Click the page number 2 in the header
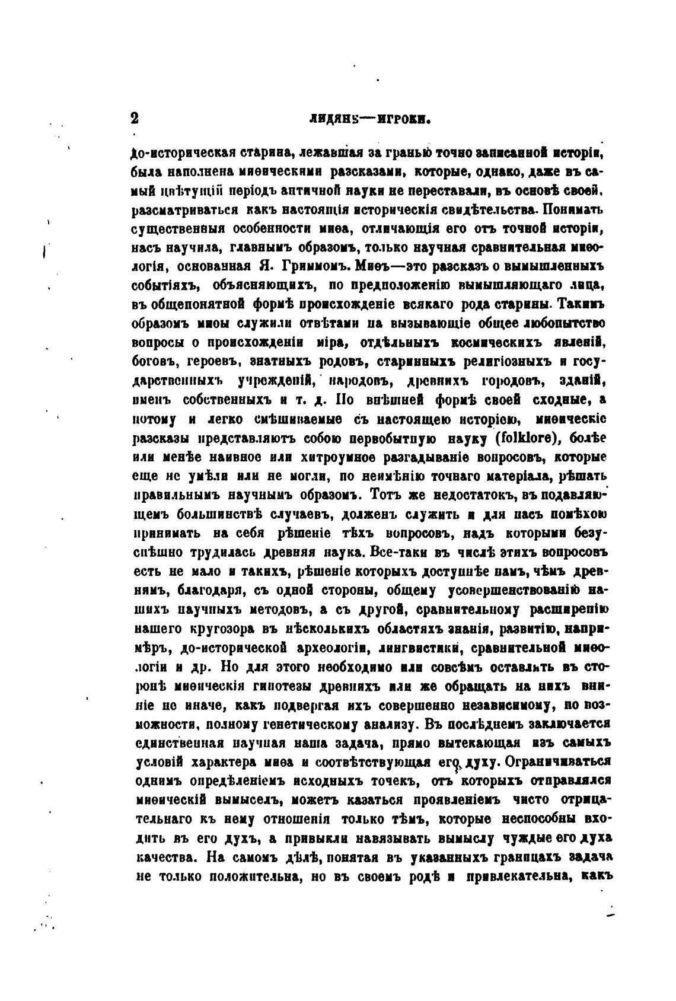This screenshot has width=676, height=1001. point(135,118)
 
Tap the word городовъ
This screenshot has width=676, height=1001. point(510,380)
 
